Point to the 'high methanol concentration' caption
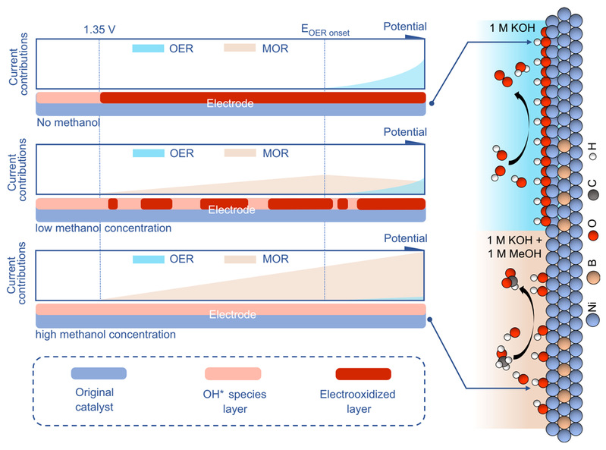tap(105, 334)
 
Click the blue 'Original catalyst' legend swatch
tap(99, 374)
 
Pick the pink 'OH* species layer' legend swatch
tap(233, 374)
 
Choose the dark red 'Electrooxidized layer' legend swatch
tap(363, 374)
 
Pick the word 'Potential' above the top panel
tap(405, 27)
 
